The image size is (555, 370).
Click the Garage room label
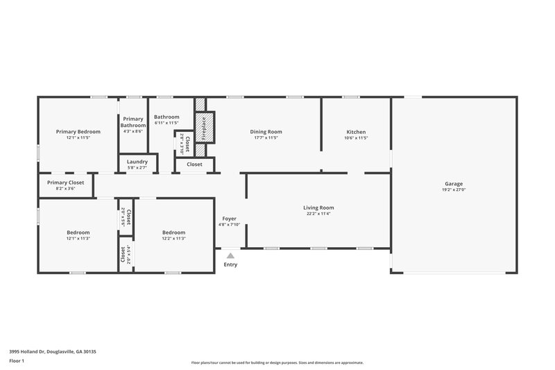(454, 184)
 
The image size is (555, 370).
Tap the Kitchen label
(356, 132)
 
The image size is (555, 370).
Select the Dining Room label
(266, 132)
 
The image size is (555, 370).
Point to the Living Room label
(318, 208)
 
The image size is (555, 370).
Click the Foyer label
(229, 219)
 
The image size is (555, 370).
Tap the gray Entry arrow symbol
(230, 255)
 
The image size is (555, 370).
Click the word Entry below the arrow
(230, 264)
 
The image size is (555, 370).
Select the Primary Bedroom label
(78, 132)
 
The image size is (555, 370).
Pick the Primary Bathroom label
(133, 122)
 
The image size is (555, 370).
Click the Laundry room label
(137, 162)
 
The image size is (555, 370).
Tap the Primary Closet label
(65, 183)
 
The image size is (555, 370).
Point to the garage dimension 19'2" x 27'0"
(454, 190)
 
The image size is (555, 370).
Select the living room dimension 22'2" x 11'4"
(318, 214)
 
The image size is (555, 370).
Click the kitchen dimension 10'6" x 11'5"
(356, 137)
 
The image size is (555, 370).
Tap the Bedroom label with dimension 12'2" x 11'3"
(173, 233)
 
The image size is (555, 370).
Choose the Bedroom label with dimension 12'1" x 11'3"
(78, 233)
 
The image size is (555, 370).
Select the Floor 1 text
(17, 361)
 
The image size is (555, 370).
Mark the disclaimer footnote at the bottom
(277, 362)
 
